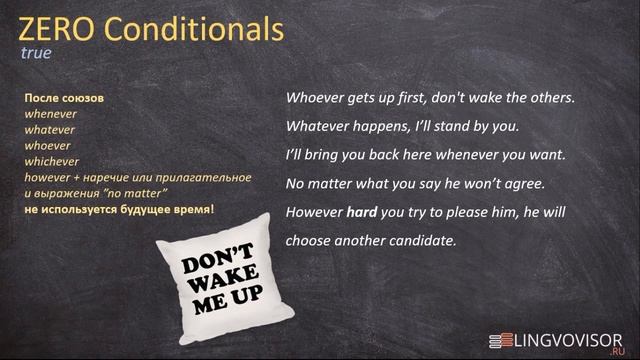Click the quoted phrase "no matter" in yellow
137,192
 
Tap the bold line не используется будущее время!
119,208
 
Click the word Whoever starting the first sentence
317,99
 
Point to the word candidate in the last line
419,241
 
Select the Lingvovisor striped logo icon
500,340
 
